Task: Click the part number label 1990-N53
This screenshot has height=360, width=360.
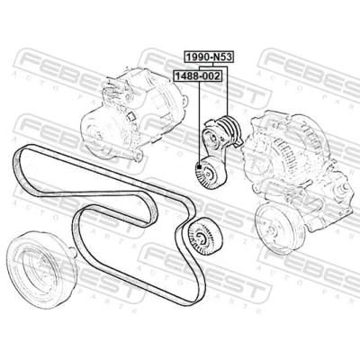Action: click(x=209, y=57)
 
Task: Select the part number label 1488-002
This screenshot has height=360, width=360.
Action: click(x=197, y=76)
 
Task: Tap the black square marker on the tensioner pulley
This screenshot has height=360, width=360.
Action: click(x=199, y=166)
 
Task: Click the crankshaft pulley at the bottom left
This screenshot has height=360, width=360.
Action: click(x=41, y=269)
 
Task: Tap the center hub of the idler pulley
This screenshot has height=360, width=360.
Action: click(x=201, y=237)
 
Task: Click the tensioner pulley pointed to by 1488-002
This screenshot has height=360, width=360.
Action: click(x=210, y=173)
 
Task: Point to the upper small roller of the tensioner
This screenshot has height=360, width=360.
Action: click(x=213, y=139)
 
